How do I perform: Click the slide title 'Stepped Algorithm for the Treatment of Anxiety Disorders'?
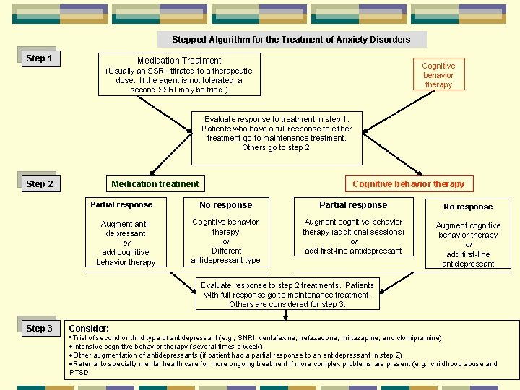291,40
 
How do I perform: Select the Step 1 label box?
39,58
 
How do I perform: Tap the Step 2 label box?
39,183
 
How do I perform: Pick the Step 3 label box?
39,328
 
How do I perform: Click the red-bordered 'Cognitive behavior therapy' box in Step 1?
438,75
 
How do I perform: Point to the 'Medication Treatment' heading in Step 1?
179,61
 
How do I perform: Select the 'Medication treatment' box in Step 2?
155,184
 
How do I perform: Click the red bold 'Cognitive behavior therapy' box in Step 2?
408,184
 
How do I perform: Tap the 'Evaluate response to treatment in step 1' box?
277,134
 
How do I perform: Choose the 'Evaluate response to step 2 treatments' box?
287,295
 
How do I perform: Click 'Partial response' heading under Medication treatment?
121,204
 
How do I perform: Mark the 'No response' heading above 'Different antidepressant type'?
225,205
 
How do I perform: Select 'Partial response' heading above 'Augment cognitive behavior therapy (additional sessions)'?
352,205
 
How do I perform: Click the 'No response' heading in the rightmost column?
468,207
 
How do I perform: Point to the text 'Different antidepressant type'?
225,255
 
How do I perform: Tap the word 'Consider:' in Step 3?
89,328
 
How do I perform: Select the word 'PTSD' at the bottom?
79,373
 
